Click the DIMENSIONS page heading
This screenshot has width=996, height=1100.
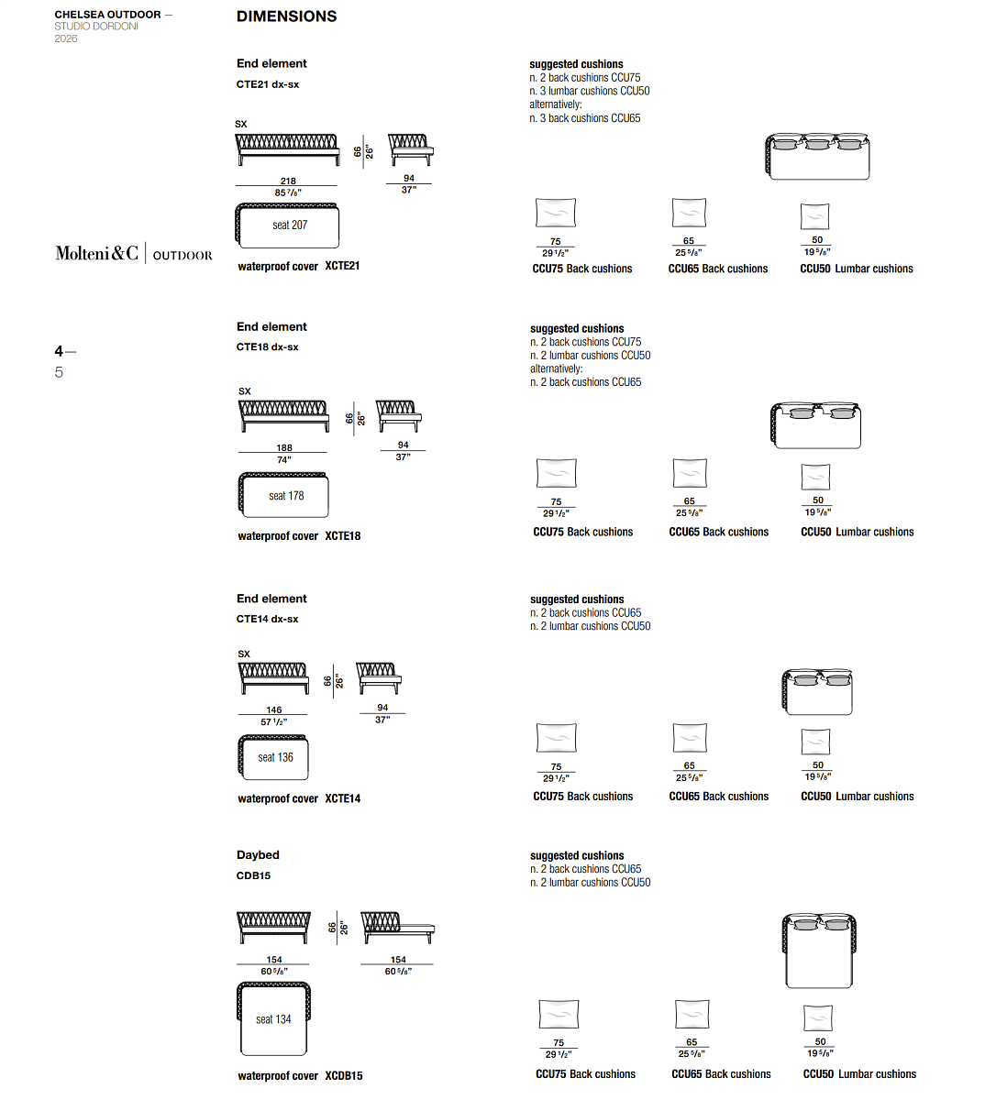point(286,16)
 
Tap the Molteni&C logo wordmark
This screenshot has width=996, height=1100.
point(96,253)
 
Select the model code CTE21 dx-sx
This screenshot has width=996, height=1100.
point(267,84)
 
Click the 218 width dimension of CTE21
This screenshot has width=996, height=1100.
point(288,181)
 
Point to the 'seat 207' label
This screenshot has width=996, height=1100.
point(290,225)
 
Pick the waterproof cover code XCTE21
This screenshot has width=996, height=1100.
point(342,266)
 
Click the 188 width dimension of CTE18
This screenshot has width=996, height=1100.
point(284,447)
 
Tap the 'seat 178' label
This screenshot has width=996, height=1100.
point(286,496)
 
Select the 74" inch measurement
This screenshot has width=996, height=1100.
point(283,460)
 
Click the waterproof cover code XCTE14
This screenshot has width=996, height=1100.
point(342,798)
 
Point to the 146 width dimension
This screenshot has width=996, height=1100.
point(274,709)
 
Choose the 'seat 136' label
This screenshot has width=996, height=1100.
point(275,757)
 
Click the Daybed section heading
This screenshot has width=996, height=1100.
point(258,855)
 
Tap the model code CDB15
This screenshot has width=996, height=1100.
point(253,875)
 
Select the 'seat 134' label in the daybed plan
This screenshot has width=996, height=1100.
point(273,1019)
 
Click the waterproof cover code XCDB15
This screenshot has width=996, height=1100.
point(344,1076)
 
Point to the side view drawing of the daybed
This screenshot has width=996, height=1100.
point(397,928)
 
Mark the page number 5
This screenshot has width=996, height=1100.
point(59,372)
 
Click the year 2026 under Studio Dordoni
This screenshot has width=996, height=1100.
point(66,38)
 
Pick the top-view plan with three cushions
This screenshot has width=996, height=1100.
point(817,156)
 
